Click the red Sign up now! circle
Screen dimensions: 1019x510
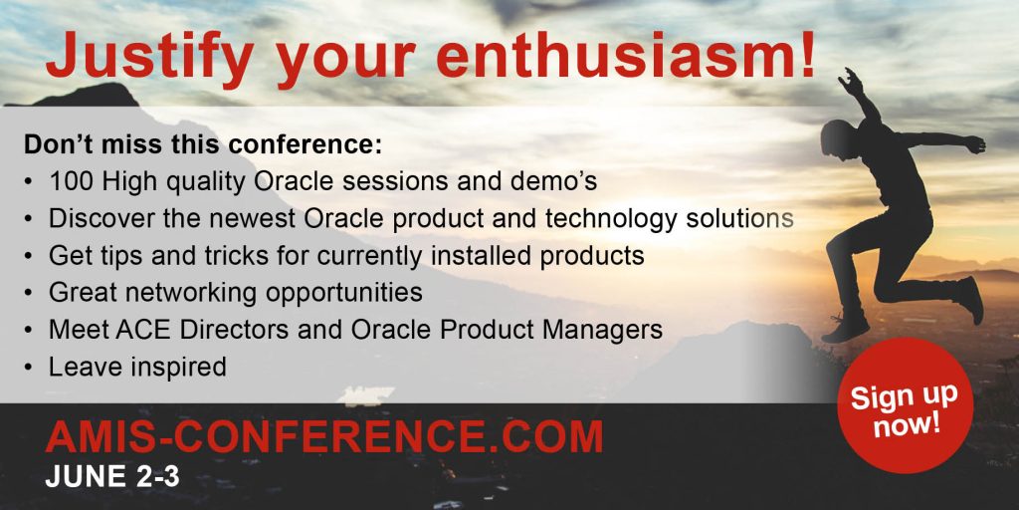[905, 404]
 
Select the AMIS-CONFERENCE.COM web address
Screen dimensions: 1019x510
[324, 436]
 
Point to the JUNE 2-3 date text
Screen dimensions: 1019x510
[112, 477]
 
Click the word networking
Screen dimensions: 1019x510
[191, 294]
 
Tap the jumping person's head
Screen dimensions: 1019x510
[837, 138]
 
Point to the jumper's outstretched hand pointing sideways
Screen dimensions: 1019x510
[975, 143]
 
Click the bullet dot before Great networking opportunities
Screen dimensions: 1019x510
[28, 294]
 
